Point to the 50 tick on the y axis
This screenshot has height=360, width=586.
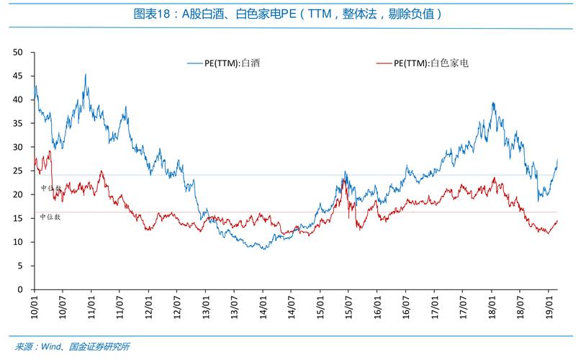pyautogui.click(x=19, y=53)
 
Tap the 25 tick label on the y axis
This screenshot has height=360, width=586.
pyautogui.click(x=19, y=171)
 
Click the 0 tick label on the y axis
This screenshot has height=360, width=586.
pyautogui.click(x=21, y=289)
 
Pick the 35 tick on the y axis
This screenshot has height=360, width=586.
pyautogui.click(x=19, y=124)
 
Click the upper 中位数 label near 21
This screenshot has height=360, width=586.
pyautogui.click(x=51, y=188)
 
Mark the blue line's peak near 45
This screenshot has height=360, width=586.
pyautogui.click(x=86, y=74)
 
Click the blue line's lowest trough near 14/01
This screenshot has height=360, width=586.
pyautogui.click(x=264, y=248)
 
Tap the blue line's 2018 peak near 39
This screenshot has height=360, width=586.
pyautogui.click(x=493, y=103)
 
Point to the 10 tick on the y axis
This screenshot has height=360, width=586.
pyautogui.click(x=19, y=242)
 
